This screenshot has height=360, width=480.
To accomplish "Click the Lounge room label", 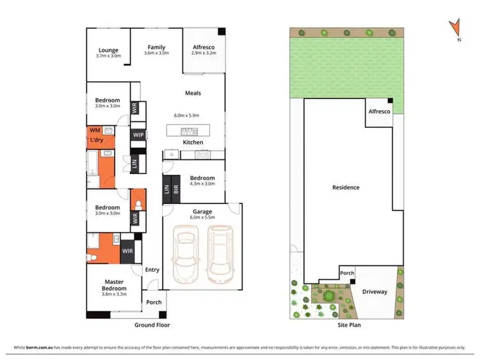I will tap(108, 50).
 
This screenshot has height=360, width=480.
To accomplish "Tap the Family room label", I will tap(156, 47).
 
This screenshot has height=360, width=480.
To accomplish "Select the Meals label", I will tap(193, 93).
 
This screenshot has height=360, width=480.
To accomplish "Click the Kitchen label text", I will tap(193, 142).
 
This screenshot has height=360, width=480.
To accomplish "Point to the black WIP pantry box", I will tap(138, 135).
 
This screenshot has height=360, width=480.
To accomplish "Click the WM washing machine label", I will tap(95, 130).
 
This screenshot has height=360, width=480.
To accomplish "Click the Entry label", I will tap(152, 270).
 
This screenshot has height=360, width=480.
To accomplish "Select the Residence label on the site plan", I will tap(346, 187).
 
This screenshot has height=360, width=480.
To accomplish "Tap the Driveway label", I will tap(374, 292).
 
